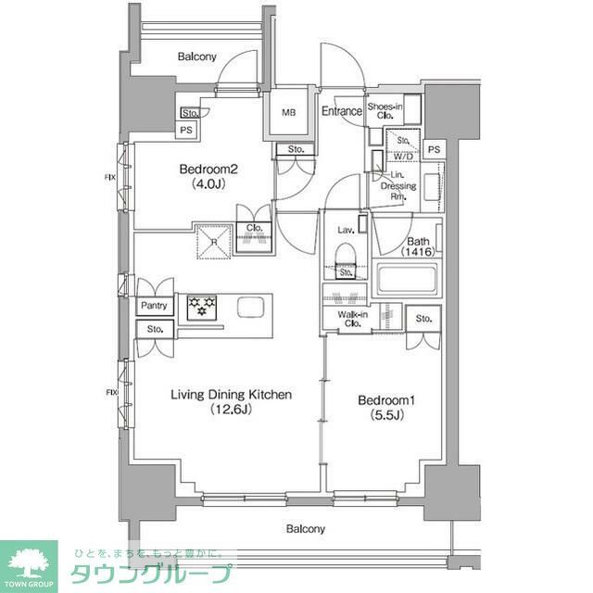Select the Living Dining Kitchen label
click(231, 401)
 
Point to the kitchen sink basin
click(250, 307)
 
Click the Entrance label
click(342, 112)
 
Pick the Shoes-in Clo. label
click(385, 111)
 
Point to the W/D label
click(404, 157)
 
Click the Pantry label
click(154, 306)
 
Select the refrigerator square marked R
click(214, 240)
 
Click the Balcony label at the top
click(196, 57)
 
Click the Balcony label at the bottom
click(305, 529)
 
